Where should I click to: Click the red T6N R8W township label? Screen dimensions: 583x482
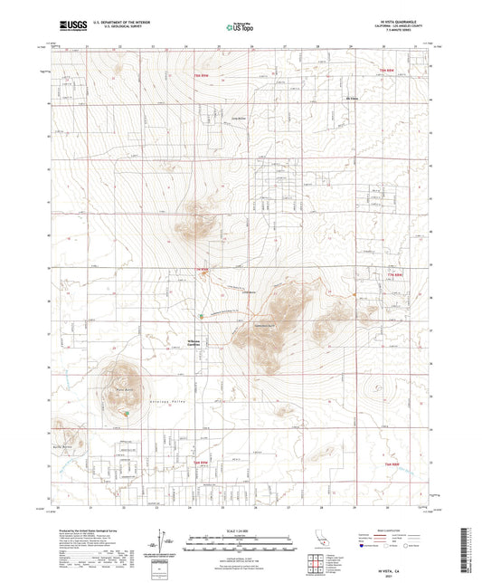pos(390,464)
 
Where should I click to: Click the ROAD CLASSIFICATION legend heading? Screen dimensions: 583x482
pos(387,528)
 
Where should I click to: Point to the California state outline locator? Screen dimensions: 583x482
pos(321,541)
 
